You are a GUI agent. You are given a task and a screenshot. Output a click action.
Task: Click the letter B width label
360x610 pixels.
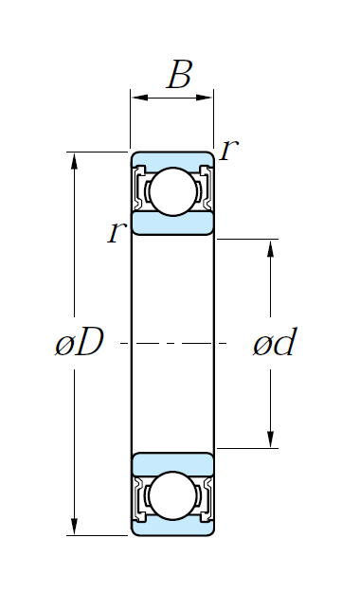179,74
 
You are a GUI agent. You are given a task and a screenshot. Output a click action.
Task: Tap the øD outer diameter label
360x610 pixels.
80,342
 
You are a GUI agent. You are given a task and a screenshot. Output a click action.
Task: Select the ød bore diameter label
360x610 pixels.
275,342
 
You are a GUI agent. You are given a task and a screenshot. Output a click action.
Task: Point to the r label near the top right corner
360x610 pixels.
229,150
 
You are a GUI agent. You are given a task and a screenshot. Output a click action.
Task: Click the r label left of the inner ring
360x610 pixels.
117,232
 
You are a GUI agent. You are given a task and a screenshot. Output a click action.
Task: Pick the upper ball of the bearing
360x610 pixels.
172,191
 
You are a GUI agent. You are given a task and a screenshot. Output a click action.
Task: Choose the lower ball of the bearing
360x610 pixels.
172,495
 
